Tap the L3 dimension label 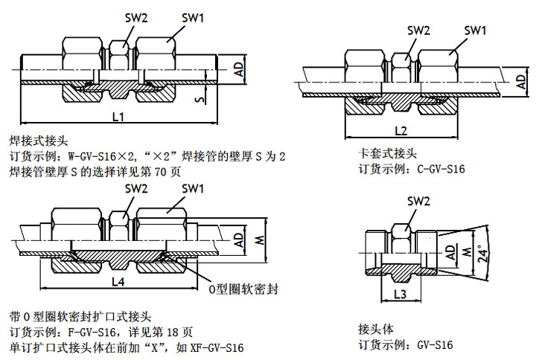click(399, 295)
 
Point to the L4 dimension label click(117, 281)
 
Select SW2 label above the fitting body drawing click(418, 202)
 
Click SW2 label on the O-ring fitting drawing click(137, 189)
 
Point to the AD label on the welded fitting click(239, 68)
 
